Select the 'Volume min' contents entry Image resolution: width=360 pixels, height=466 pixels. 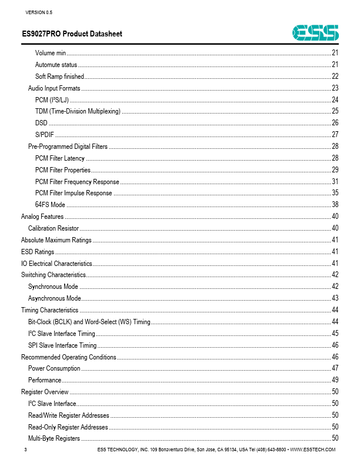pos(51,54)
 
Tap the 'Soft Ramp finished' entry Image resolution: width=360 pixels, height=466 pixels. pos(59,76)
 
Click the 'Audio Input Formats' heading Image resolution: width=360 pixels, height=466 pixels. pos(54,88)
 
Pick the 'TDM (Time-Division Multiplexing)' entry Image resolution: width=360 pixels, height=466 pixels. pos(78,111)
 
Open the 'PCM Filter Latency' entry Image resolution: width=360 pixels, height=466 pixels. pos(60,158)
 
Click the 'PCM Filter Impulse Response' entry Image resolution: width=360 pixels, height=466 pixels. pos(74,193)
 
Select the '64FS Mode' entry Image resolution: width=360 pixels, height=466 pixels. pos(50,205)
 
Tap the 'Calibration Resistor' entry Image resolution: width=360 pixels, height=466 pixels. pos(54,228)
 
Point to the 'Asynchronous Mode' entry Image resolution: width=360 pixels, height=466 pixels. pos(55,298)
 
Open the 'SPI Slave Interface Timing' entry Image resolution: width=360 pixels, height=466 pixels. pos(62,345)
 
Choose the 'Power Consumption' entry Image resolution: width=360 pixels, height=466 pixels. pos(54,368)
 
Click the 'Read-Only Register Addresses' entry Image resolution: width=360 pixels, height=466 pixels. pos(68,427)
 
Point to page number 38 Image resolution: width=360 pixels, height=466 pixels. pos(335,205)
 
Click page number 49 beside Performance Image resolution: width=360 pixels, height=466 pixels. pos(335,380)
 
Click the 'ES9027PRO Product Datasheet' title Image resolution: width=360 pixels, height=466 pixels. pos(72,34)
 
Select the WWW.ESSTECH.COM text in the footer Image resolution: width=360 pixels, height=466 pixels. pos(313,450)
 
